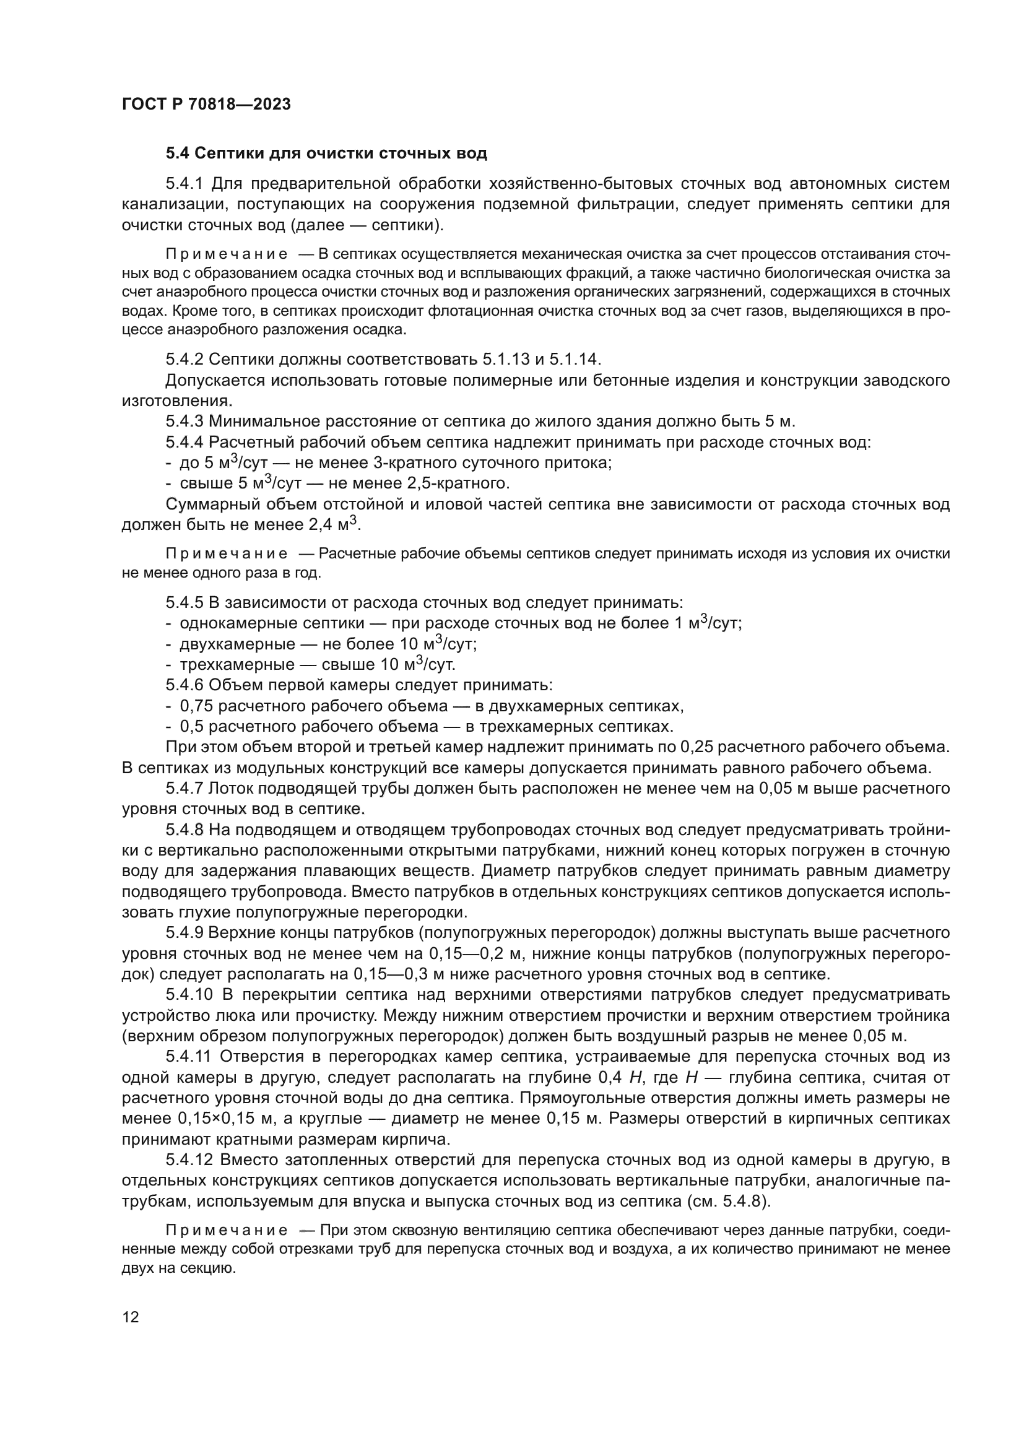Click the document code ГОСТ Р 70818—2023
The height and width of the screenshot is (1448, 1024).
point(206,104)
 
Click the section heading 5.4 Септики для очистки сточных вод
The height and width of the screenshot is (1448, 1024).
point(326,154)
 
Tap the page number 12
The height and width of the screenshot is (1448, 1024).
point(131,1317)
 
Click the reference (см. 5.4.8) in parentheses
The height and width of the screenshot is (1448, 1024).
point(727,1202)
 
